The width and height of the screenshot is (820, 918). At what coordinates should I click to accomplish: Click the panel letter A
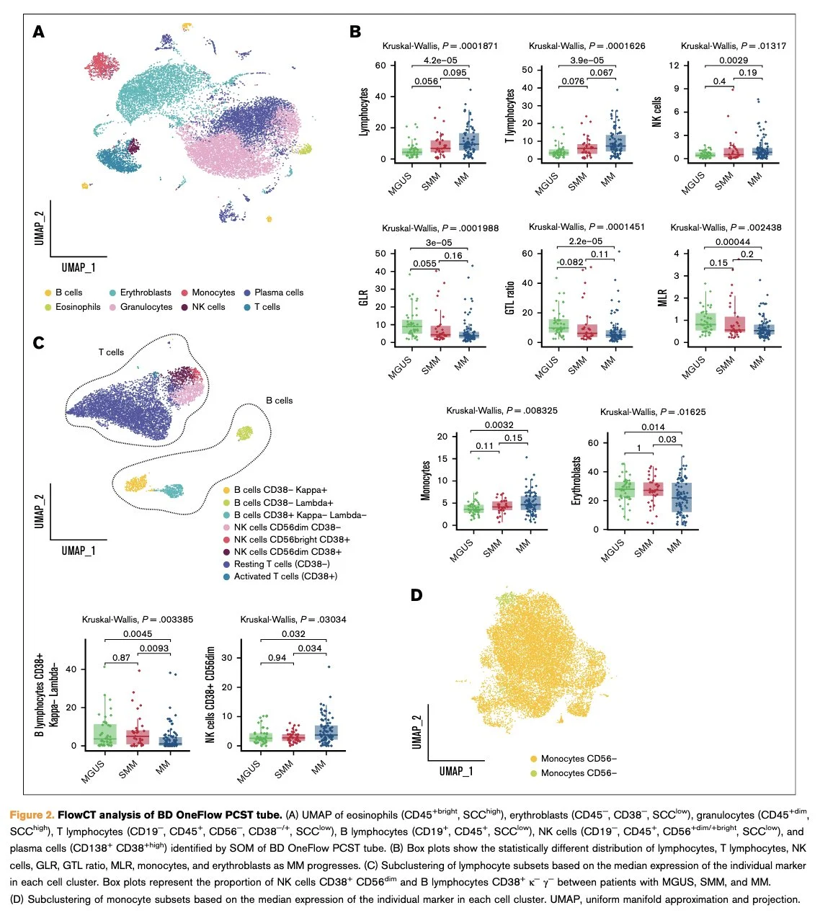[x=39, y=32]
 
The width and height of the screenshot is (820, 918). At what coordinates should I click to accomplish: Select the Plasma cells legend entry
[x=278, y=293]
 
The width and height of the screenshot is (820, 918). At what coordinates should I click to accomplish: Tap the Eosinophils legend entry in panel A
[x=77, y=307]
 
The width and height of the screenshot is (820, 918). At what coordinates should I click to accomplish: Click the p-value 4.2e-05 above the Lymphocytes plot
[x=440, y=61]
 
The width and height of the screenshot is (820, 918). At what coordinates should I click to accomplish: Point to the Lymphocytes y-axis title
[x=364, y=112]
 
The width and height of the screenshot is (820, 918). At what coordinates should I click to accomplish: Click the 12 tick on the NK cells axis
[x=674, y=66]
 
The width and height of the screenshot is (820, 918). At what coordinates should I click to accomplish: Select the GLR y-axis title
[x=364, y=298]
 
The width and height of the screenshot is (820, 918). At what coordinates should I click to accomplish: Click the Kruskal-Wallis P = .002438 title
[x=726, y=228]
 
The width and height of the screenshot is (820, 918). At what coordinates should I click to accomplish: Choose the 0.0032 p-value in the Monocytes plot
[x=499, y=425]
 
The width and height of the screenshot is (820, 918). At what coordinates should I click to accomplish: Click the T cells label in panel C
[x=111, y=352]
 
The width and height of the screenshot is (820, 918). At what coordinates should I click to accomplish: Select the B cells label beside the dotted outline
[x=279, y=401]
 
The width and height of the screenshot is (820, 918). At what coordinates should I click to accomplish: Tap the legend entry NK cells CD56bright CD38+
[x=291, y=540]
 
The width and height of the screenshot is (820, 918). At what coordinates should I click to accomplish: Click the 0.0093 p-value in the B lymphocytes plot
[x=154, y=649]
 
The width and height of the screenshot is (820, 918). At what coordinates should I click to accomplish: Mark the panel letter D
[x=416, y=595]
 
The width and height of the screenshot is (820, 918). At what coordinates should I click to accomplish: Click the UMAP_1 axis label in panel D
[x=456, y=772]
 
